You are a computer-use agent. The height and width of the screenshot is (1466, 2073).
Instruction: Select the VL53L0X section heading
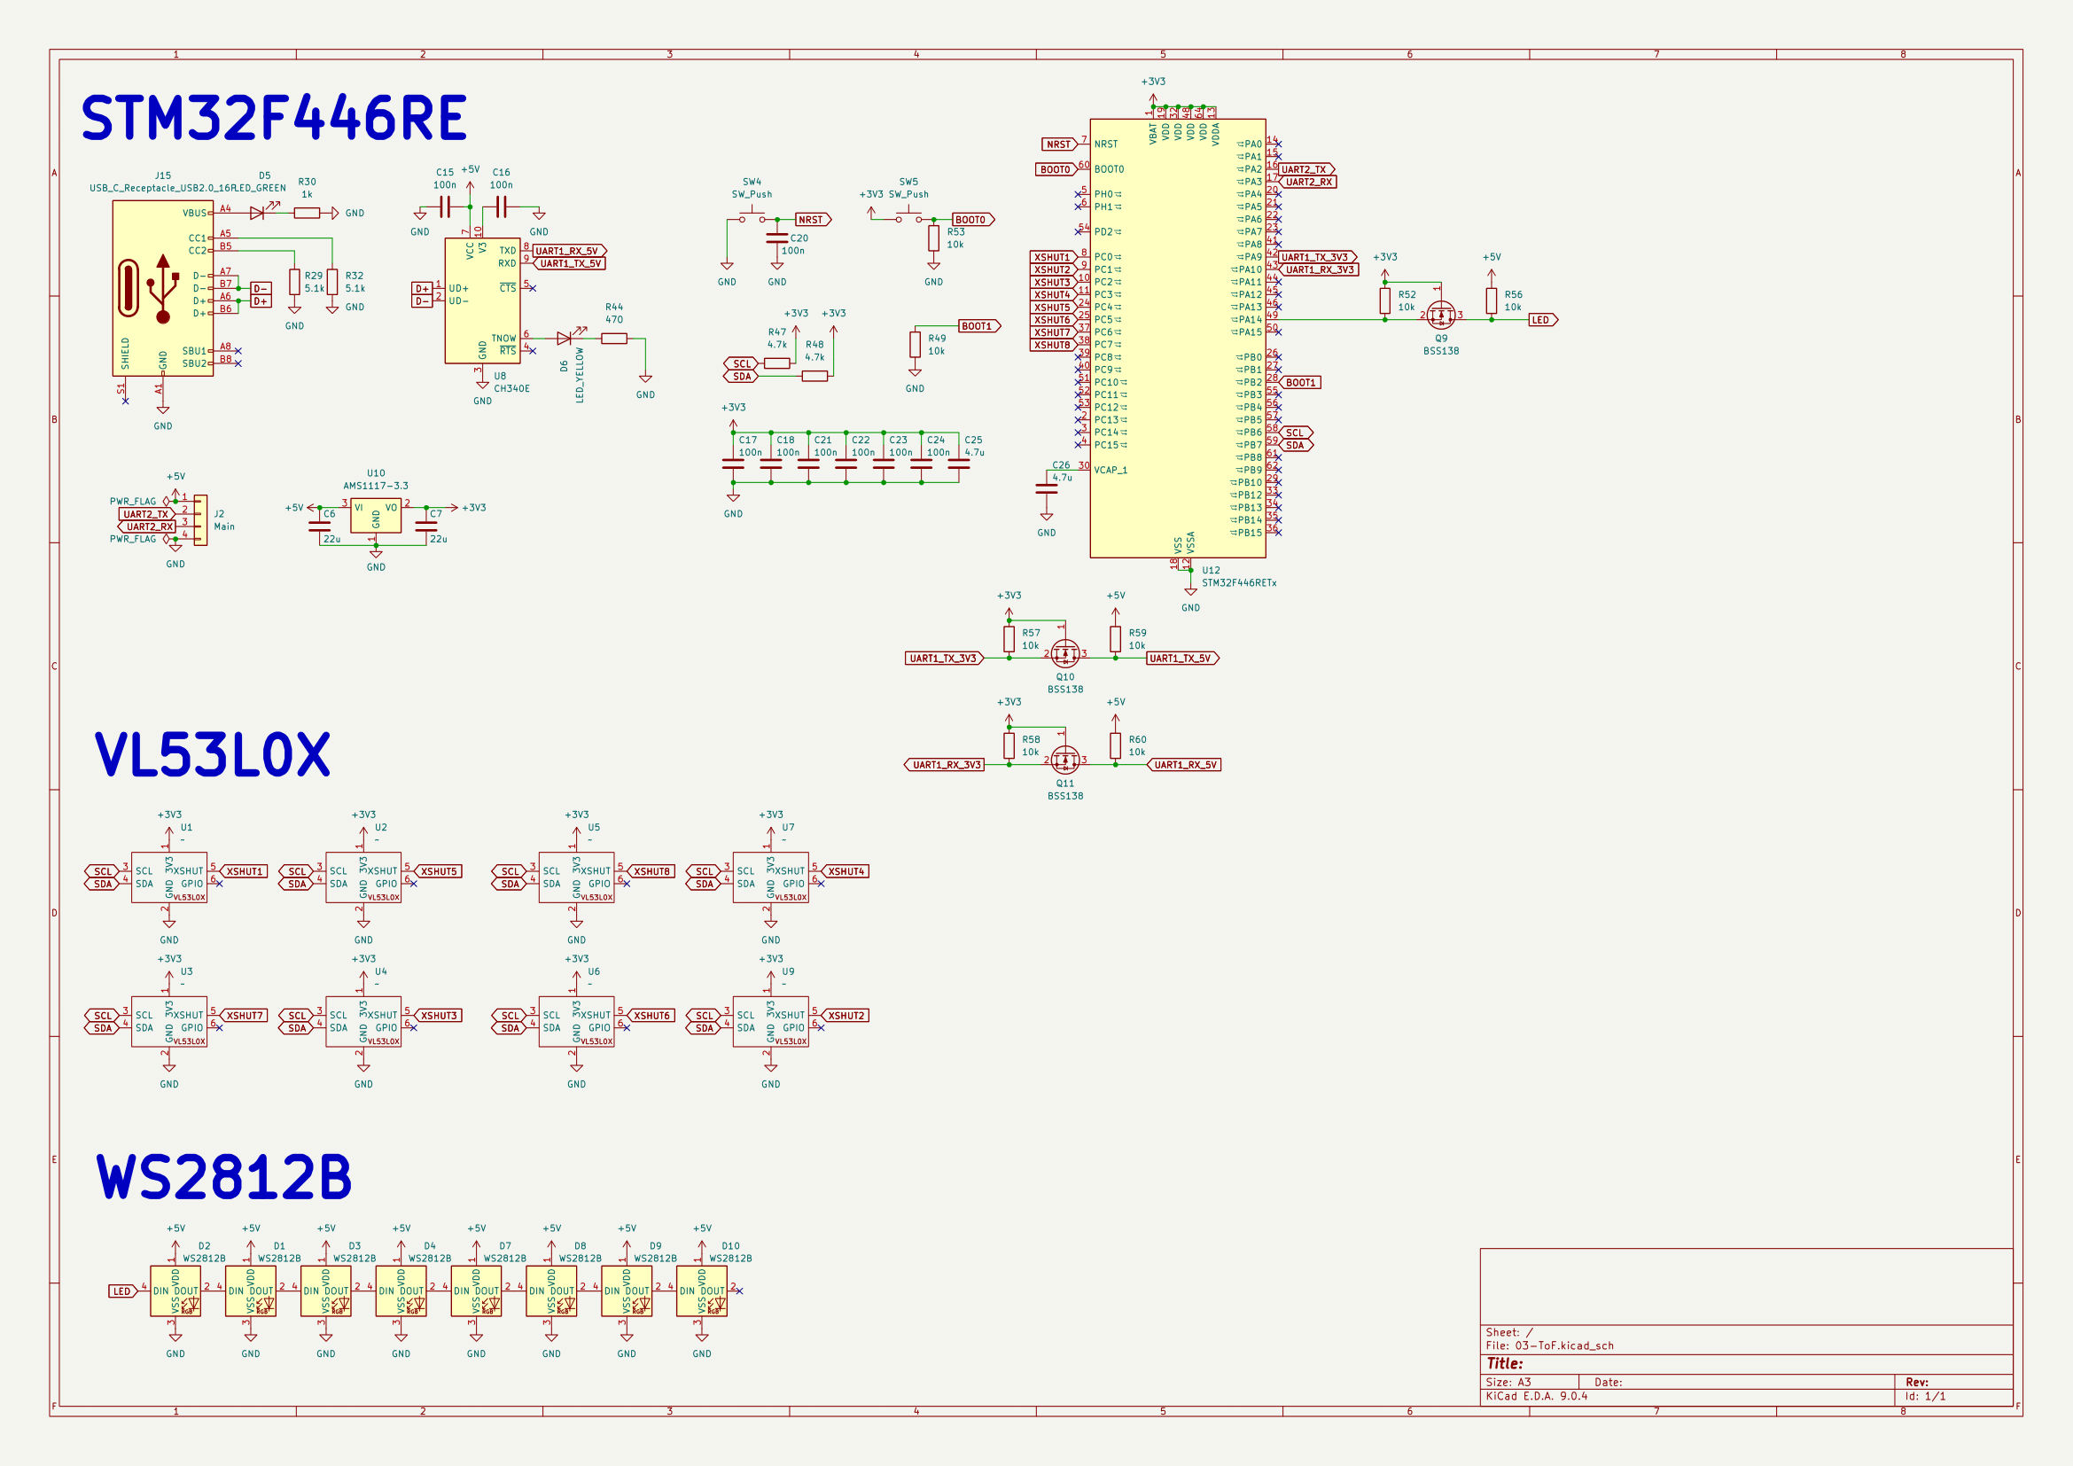click(213, 754)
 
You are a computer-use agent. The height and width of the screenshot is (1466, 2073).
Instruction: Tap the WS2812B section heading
click(224, 1177)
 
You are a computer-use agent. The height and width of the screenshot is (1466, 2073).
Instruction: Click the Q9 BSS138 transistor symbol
click(1441, 315)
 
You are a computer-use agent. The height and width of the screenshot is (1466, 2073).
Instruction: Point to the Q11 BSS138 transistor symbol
click(1065, 760)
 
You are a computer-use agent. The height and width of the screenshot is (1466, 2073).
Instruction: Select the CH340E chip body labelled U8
click(482, 300)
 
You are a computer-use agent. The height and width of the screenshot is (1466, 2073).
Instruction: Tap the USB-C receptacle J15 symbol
click(162, 288)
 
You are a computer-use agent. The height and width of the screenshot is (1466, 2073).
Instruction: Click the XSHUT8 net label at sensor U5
click(651, 872)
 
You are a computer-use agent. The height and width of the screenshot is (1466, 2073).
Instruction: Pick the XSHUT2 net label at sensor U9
click(846, 1017)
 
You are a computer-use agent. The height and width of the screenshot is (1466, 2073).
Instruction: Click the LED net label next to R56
click(1542, 321)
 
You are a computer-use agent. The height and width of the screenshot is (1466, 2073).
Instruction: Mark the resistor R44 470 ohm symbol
click(614, 339)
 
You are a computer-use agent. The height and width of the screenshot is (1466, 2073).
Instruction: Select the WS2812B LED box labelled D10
click(702, 1291)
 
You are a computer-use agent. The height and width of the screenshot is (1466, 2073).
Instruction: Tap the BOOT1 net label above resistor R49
click(978, 327)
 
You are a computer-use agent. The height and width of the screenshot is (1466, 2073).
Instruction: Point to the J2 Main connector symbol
click(200, 520)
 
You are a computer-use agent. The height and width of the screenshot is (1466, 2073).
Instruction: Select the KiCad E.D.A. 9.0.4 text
click(1537, 1397)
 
